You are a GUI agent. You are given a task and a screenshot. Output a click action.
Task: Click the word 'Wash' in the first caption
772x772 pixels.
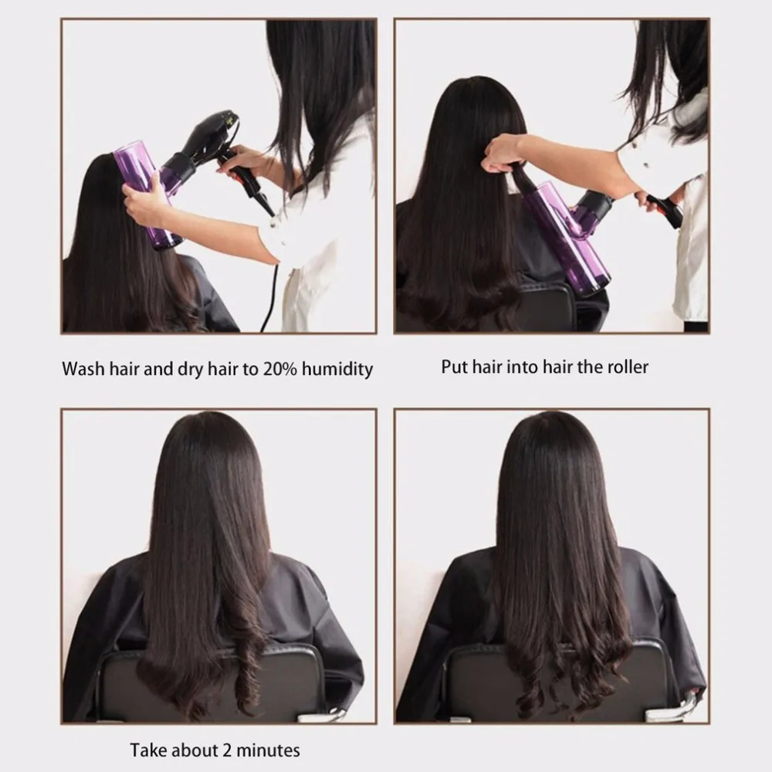pyautogui.click(x=83, y=368)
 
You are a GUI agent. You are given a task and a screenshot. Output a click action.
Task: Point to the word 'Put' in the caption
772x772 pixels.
pyautogui.click(x=454, y=366)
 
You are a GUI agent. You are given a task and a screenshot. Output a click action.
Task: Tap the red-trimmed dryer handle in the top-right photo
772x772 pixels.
pyautogui.click(x=665, y=210)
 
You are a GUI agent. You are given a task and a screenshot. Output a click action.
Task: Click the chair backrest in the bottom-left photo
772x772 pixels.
pyautogui.click(x=208, y=683)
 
